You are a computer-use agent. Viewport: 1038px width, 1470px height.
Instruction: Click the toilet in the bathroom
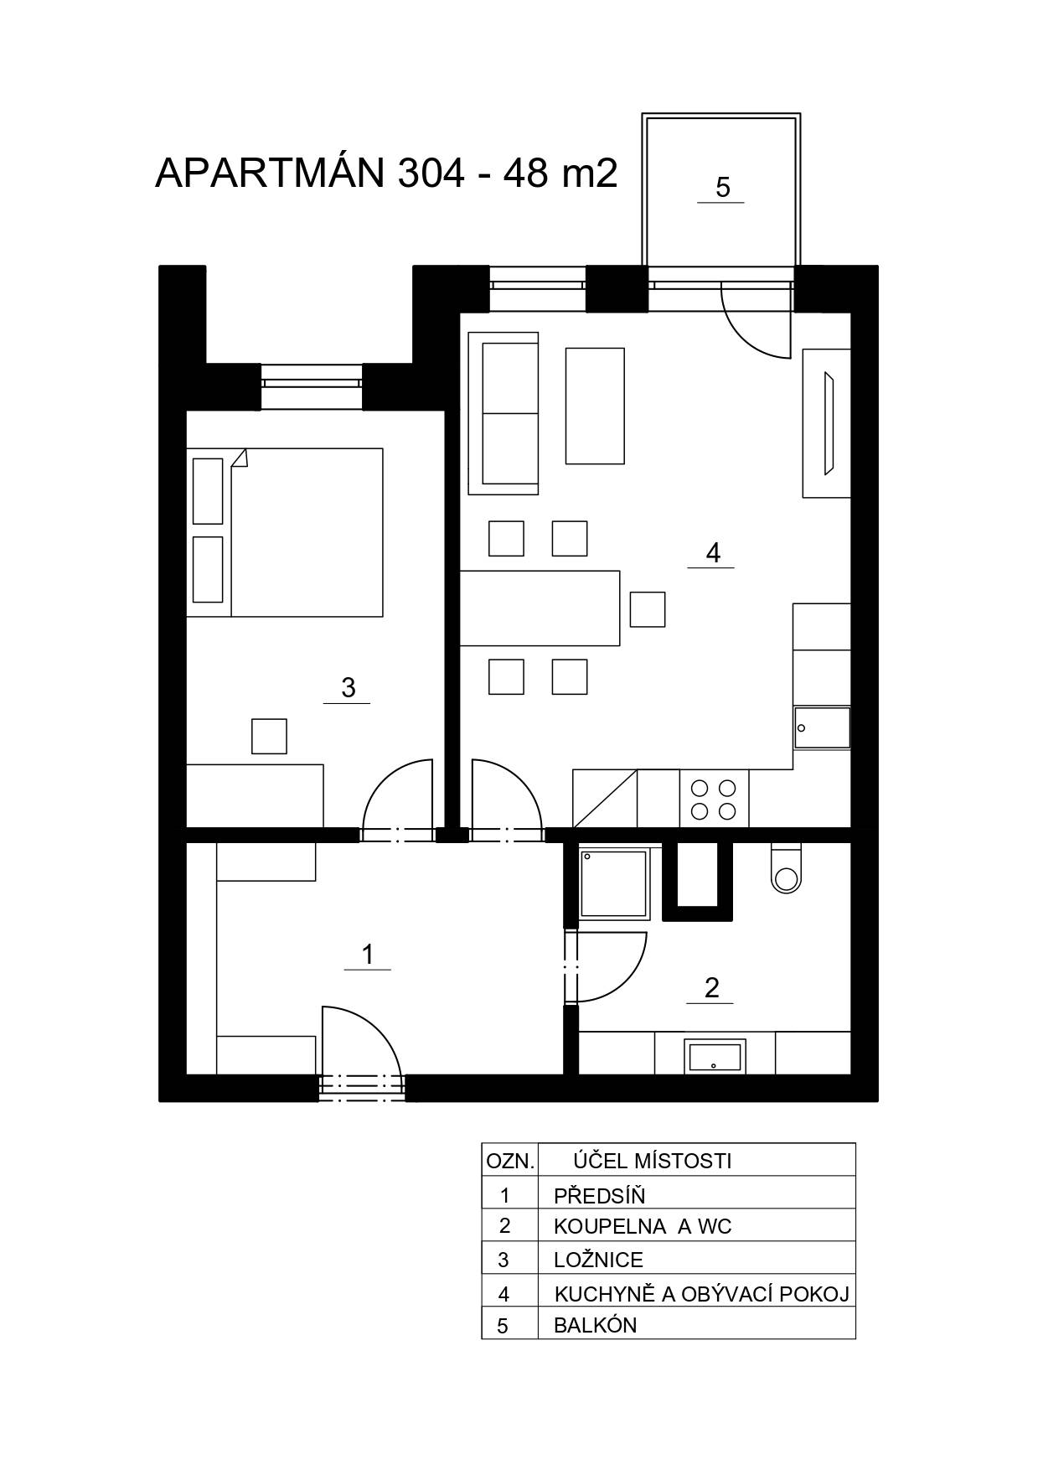coord(787,868)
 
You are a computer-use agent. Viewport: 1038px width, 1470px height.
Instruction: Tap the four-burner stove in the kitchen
coord(713,799)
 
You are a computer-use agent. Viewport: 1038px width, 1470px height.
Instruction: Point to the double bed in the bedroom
coord(285,532)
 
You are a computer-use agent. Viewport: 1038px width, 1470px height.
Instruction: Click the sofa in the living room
coord(504,413)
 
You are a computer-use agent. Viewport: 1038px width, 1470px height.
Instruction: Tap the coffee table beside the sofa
coord(595,406)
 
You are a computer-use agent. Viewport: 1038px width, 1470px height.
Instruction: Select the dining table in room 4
coord(540,608)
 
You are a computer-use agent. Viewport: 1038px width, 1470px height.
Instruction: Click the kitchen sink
coord(822,727)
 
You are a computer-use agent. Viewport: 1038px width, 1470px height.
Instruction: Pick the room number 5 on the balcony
coord(723,187)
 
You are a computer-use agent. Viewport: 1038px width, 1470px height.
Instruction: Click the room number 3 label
coord(349,688)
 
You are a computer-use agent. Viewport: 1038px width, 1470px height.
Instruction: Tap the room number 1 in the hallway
coord(367,955)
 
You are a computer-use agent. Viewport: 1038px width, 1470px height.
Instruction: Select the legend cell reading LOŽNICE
coord(598,1260)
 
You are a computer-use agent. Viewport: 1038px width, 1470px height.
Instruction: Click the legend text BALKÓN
coord(595,1325)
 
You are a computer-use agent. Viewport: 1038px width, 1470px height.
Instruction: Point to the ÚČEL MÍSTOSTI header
coord(652,1161)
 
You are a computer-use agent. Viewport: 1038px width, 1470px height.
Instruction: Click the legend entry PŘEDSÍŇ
coord(599,1195)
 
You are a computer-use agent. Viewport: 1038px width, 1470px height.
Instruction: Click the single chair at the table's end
coord(648,609)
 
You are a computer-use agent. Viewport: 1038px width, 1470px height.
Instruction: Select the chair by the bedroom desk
coord(269,737)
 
